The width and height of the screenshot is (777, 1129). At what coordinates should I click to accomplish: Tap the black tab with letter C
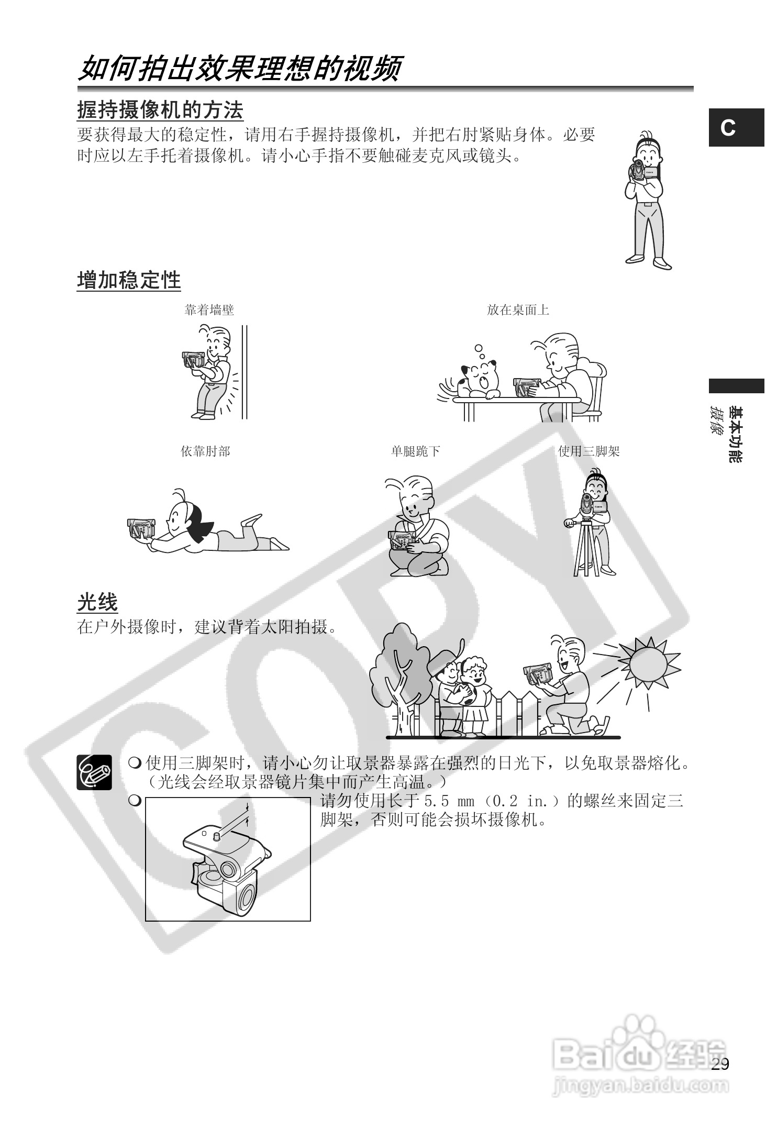coord(736,128)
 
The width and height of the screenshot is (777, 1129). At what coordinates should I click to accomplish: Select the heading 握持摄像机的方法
coord(160,110)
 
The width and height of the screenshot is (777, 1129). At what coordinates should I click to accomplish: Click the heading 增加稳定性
coord(129,280)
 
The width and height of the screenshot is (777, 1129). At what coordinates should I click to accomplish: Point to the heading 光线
coord(97,602)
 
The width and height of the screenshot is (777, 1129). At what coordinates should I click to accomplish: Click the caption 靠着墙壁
coord(209,310)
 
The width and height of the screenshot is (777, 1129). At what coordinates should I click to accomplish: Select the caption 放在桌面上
coord(517,310)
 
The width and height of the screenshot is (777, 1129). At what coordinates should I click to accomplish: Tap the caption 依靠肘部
coord(205,451)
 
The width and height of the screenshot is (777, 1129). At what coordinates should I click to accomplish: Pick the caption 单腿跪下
coord(415,451)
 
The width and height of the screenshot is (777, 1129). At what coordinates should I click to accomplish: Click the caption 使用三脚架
coord(589,451)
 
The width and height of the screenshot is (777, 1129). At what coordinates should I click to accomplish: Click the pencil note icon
coord(94,771)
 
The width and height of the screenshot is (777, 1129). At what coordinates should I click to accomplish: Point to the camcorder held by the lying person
coord(141,528)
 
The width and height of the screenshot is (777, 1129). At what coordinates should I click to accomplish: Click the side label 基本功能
coord(736,435)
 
